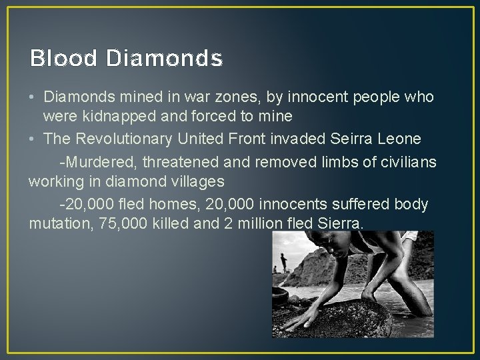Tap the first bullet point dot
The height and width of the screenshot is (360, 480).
click(33, 97)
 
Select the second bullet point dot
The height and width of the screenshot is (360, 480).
click(33, 139)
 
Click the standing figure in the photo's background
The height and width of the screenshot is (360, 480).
click(283, 261)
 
